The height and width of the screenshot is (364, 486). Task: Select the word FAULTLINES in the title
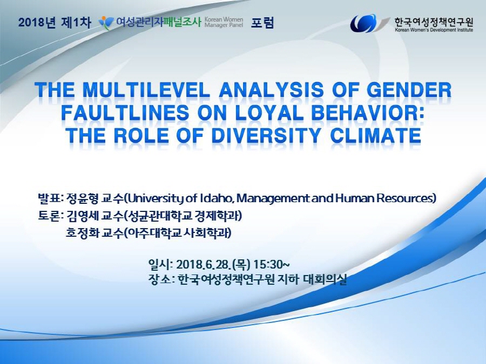[125, 113]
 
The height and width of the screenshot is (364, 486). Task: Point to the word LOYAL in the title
[269, 113]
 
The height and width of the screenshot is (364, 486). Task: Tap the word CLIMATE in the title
[375, 135]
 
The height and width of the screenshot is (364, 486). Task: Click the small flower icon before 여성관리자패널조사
[106, 23]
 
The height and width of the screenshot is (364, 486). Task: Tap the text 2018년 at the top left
[37, 23]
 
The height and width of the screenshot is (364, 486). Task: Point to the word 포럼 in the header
[262, 23]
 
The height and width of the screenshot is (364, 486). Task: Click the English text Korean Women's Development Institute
[434, 30]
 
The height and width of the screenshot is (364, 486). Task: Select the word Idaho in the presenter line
[217, 198]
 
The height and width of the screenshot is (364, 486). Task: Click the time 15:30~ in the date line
[272, 265]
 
